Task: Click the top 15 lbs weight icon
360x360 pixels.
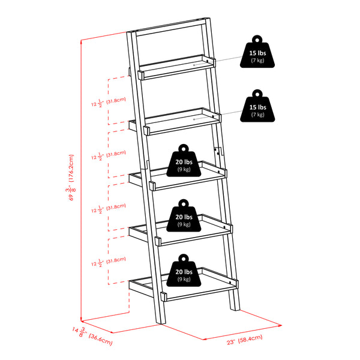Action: click(x=257, y=55)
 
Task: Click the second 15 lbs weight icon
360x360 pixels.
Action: click(x=257, y=109)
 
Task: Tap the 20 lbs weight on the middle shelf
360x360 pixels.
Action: click(x=184, y=163)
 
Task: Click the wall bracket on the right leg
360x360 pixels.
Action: click(x=218, y=151)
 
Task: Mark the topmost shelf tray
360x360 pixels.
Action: click(x=174, y=70)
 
